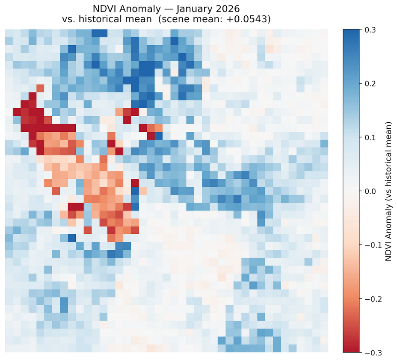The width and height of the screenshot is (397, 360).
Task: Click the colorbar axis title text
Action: (x=388, y=191)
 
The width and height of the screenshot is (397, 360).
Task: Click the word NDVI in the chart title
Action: (x=105, y=9)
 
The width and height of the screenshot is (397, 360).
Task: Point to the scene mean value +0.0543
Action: (x=249, y=20)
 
